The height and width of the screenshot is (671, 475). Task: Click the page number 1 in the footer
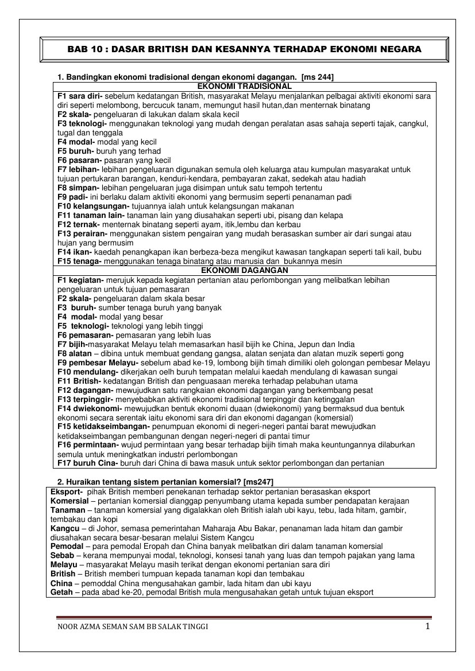[427, 626]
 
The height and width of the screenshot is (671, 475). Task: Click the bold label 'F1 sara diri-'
[80, 96]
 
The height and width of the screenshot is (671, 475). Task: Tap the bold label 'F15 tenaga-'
[79, 262]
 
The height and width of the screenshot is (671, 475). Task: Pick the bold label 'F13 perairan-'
[82, 234]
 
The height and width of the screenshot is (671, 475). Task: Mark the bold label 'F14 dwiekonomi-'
[90, 409]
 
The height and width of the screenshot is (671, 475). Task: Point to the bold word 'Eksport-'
[67, 492]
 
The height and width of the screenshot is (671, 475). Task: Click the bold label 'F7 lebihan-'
[79, 170]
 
